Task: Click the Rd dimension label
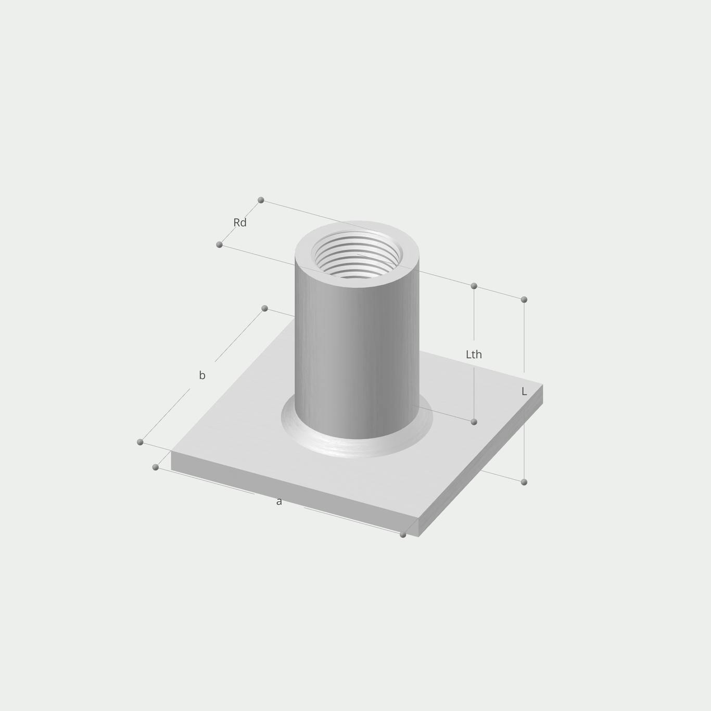(x=240, y=222)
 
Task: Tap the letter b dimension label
(x=202, y=375)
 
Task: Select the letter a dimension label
(x=279, y=501)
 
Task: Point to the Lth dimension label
(x=474, y=354)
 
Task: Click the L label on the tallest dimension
(x=524, y=392)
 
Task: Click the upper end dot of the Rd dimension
(x=261, y=200)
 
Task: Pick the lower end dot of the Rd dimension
(x=219, y=245)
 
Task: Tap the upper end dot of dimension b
(x=264, y=309)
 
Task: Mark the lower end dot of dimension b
(x=140, y=442)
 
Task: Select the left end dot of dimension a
(x=155, y=467)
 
